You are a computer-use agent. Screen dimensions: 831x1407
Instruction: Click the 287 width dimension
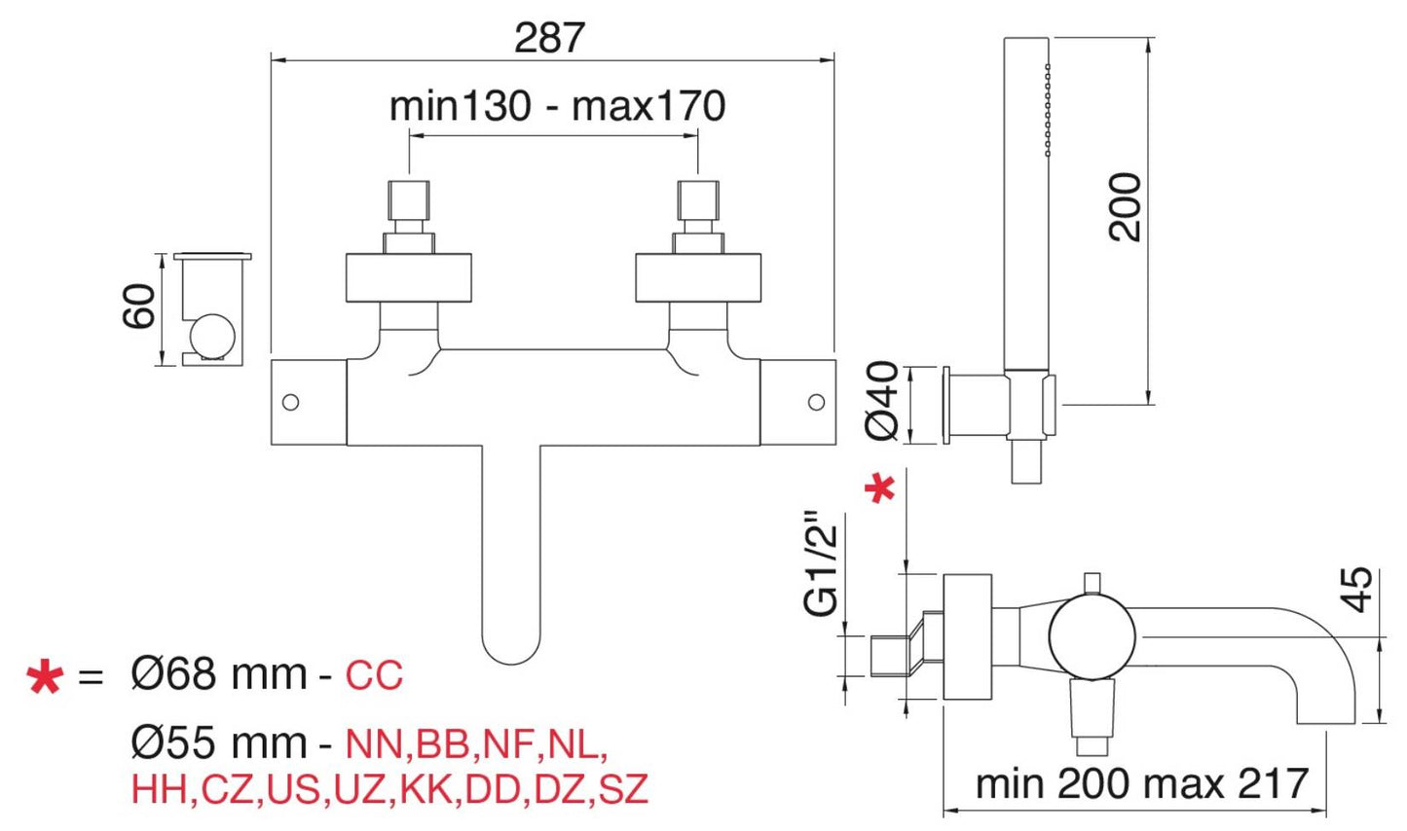coord(549,38)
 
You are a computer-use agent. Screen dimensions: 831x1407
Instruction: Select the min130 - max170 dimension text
coord(557,106)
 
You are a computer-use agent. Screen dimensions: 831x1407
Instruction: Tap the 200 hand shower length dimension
coord(1125,206)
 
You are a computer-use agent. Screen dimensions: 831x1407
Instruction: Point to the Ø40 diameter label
coord(882,400)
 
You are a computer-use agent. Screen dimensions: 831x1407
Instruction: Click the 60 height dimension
coord(139,306)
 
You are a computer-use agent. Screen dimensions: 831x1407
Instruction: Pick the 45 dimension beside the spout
coord(1359,589)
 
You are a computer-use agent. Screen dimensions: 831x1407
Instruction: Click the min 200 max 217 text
coord(1142,783)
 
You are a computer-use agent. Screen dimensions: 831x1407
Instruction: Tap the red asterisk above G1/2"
coord(881,488)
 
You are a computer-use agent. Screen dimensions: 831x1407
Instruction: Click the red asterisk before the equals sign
coord(45,676)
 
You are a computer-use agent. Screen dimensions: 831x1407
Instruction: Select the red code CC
coord(374,675)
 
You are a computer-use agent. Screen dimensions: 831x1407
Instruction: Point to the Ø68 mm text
coord(219,674)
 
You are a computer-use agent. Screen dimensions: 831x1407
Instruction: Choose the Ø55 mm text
coord(219,743)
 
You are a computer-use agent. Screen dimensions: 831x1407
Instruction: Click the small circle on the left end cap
coord(290,402)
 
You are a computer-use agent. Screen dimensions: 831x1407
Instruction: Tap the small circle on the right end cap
coord(817,402)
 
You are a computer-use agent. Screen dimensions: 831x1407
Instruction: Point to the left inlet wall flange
coord(409,277)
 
